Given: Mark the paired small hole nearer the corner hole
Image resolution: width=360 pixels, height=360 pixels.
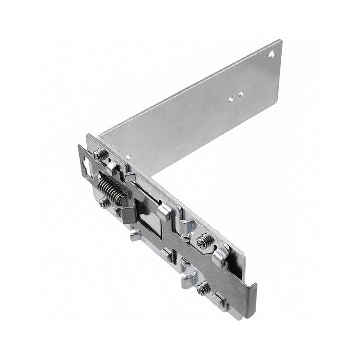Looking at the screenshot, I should point(241,94).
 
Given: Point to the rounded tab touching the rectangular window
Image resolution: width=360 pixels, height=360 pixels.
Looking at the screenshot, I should point(165,210).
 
